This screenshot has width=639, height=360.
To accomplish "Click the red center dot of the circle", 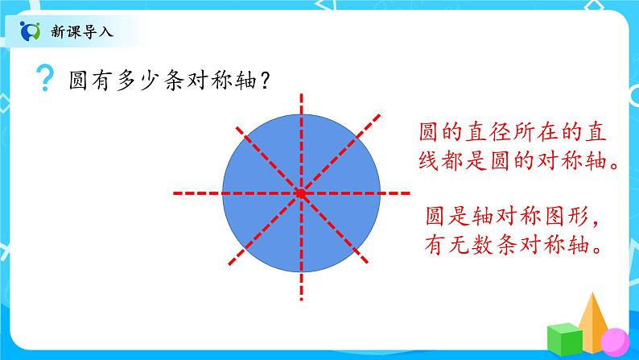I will tap(302, 193).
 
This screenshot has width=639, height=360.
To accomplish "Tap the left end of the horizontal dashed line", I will tap(175, 193).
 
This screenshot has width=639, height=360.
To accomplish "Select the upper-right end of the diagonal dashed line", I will tap(381, 115).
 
